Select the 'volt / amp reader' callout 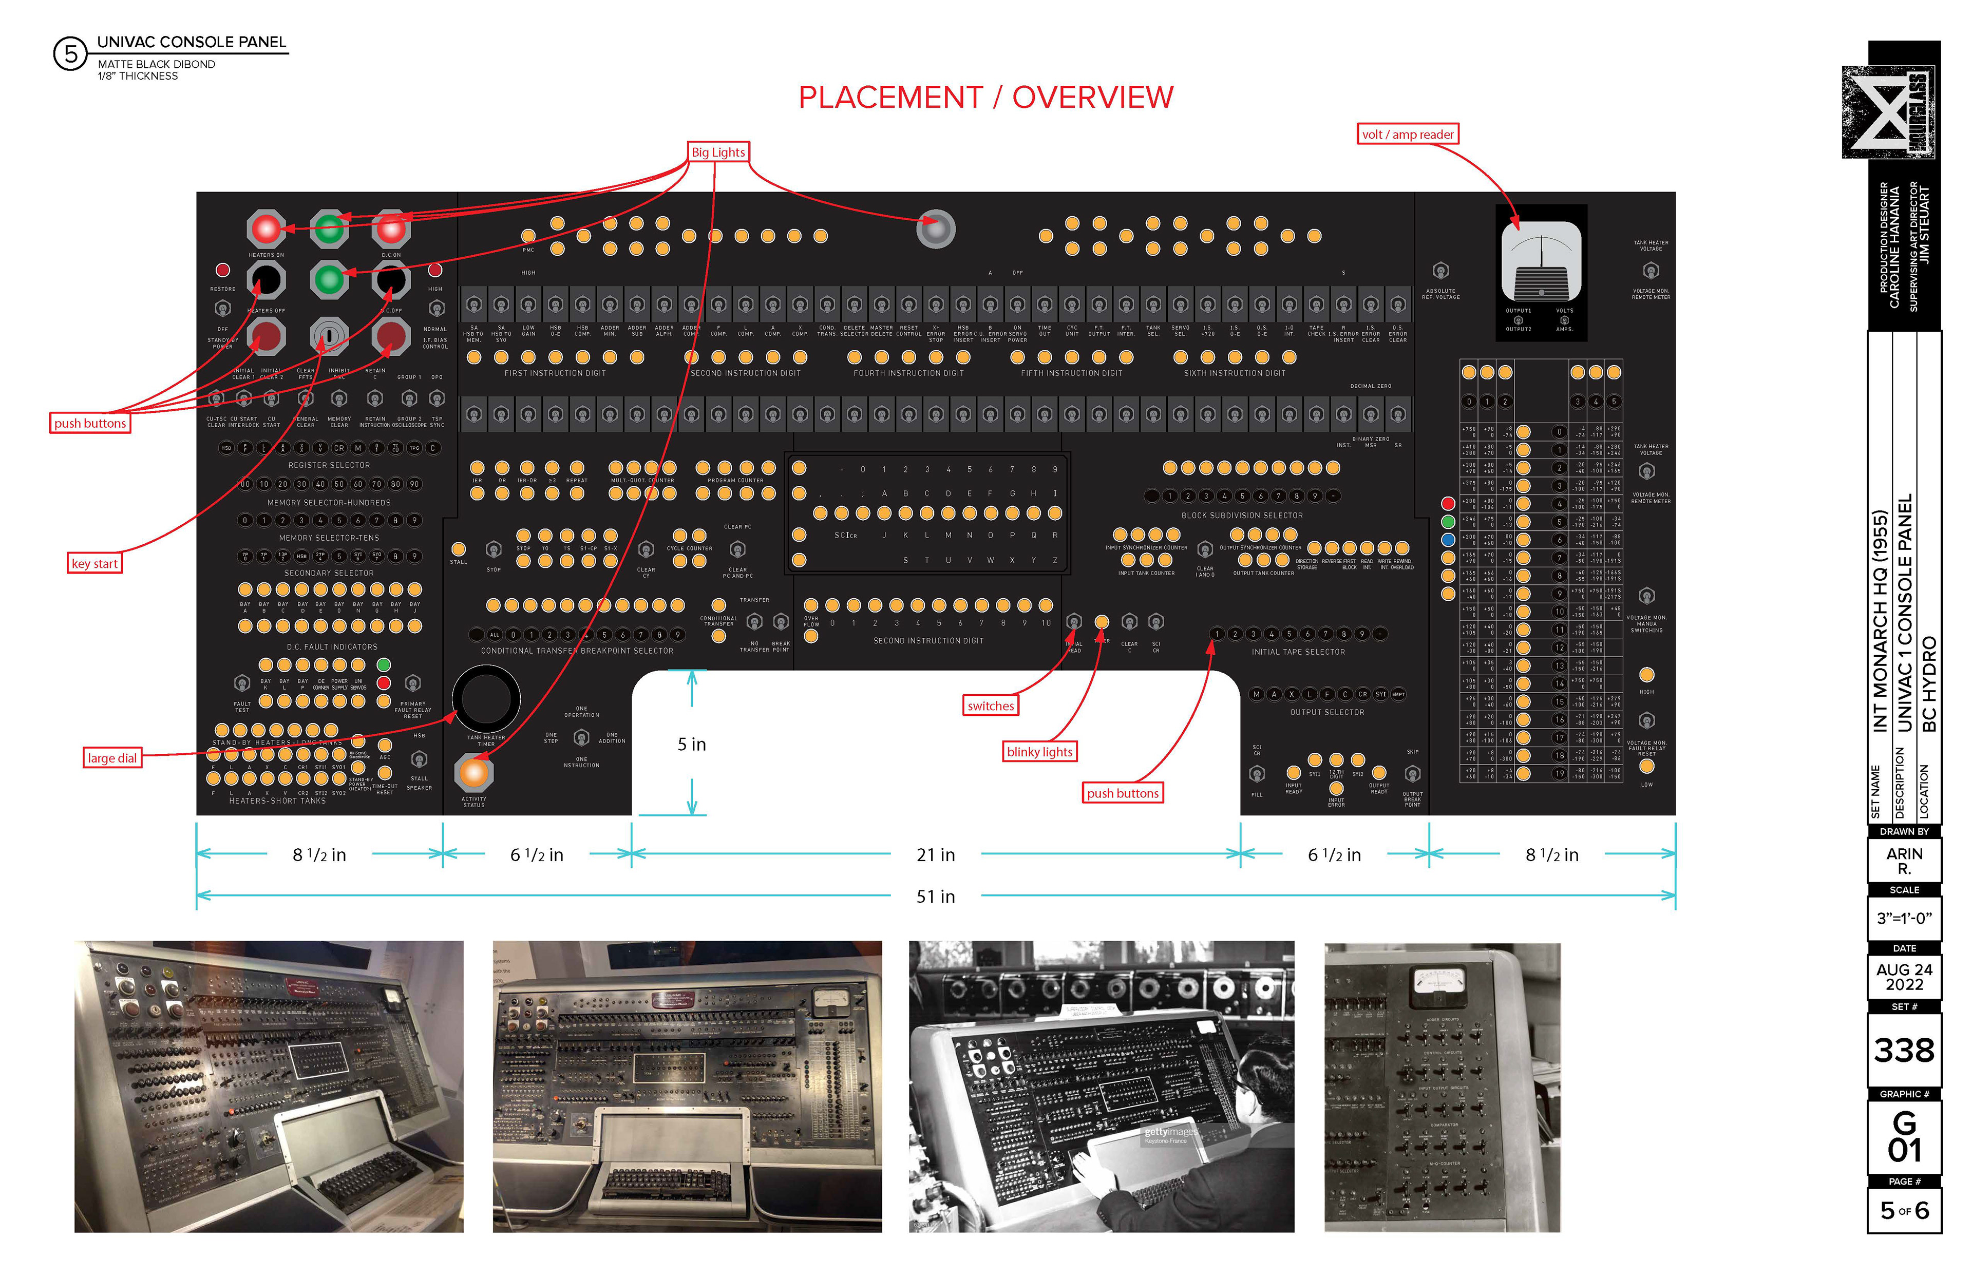1407,134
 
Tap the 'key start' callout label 94,563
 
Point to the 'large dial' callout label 112,758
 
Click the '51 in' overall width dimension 936,897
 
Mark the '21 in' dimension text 936,855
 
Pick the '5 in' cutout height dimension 692,744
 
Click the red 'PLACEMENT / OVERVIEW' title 985,98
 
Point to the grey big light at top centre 936,228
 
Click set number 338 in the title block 1904,1050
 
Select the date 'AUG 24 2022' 1904,977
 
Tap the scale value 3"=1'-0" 1904,918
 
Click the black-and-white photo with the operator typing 1101,1086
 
